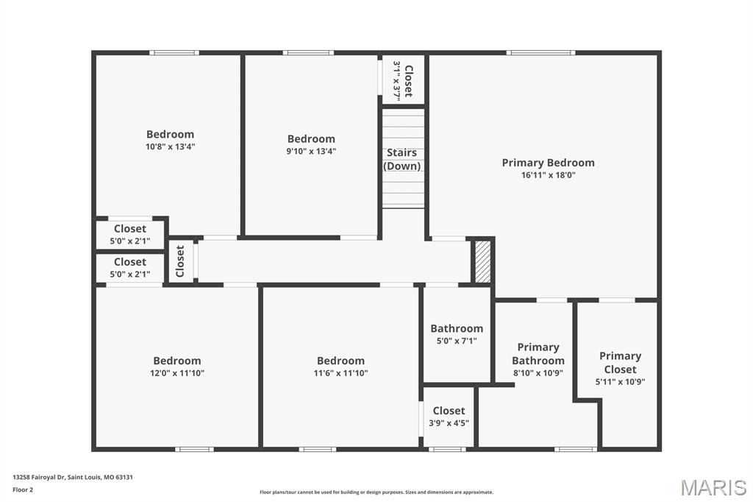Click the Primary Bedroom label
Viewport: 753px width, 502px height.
tap(548, 163)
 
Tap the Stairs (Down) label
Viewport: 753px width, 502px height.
tap(402, 159)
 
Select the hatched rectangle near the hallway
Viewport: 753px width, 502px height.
tap(482, 260)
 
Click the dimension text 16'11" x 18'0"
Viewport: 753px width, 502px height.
tap(548, 175)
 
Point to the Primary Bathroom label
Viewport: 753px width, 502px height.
tap(538, 354)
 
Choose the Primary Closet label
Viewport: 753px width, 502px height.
tap(620, 362)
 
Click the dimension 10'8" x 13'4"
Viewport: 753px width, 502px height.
tap(171, 146)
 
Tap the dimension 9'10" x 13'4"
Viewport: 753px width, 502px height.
tap(311, 151)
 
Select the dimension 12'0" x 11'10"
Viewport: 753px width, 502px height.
tap(177, 373)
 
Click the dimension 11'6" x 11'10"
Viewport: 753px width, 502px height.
tap(340, 373)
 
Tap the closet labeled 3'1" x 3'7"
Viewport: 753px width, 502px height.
tap(403, 79)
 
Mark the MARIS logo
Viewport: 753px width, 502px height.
tap(713, 487)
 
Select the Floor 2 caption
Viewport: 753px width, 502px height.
tap(23, 489)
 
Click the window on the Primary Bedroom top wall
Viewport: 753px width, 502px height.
tap(540, 52)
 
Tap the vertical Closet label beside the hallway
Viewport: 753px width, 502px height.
tap(180, 260)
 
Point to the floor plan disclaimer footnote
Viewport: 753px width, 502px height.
tap(376, 492)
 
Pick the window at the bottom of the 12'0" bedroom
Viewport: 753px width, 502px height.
tap(194, 449)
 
